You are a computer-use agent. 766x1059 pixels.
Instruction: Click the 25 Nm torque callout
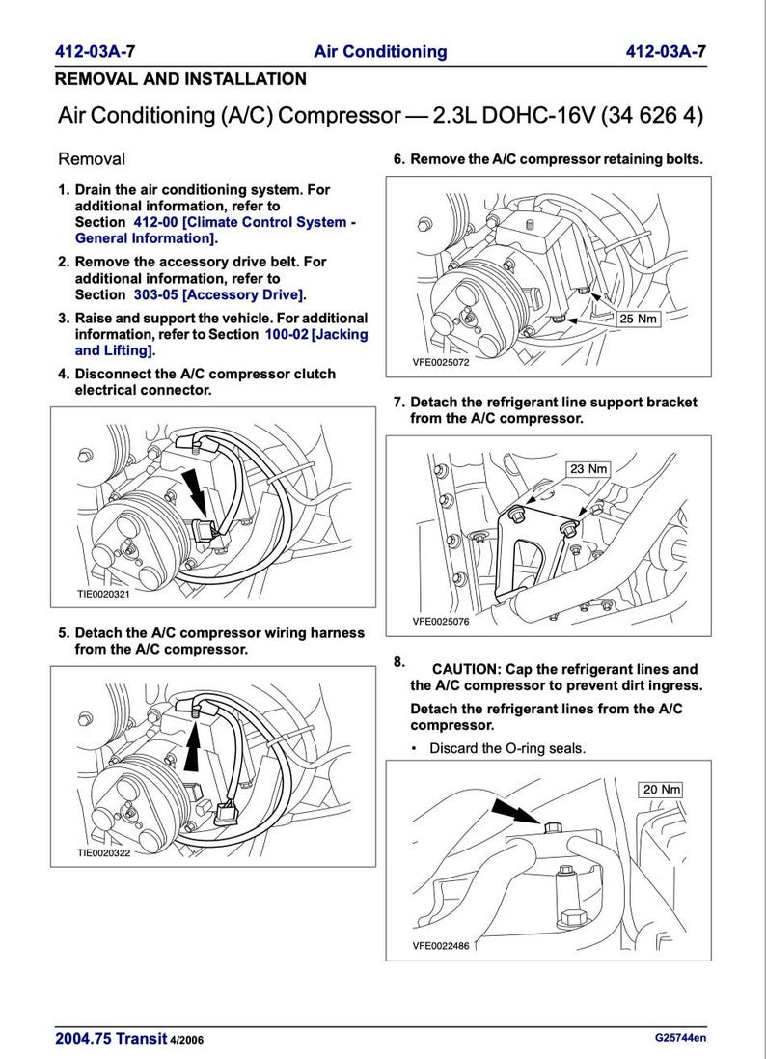click(x=638, y=319)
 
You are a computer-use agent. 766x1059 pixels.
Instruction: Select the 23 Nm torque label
click(x=588, y=469)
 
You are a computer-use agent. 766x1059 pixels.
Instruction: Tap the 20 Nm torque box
click(x=662, y=789)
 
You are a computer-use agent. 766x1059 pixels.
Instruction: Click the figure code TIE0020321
click(x=103, y=595)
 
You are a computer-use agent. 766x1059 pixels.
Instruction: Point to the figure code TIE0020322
click(x=103, y=853)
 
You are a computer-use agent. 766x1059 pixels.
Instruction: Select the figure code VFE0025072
click(x=441, y=363)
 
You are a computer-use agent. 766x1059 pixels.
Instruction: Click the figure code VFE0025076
click(x=441, y=622)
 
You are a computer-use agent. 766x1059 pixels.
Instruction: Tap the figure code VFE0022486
click(x=441, y=946)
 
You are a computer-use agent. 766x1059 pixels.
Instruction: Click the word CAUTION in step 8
click(x=470, y=669)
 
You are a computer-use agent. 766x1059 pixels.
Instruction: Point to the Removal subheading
click(x=92, y=158)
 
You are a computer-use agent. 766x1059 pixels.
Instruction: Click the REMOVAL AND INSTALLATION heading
click(x=180, y=79)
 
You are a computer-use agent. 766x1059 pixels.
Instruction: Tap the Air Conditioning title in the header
click(x=380, y=52)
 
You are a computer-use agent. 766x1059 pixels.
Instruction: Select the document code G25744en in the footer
click(x=680, y=1039)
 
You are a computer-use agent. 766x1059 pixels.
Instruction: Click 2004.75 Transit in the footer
click(x=111, y=1039)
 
